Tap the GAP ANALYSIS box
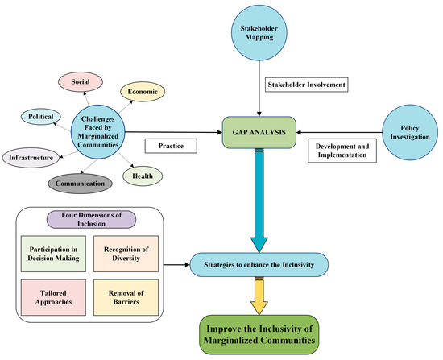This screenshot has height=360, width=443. [x=258, y=132]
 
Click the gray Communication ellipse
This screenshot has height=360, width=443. [x=80, y=184]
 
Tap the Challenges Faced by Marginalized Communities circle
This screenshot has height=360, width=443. [x=100, y=133]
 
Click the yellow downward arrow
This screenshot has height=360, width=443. [x=259, y=294]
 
